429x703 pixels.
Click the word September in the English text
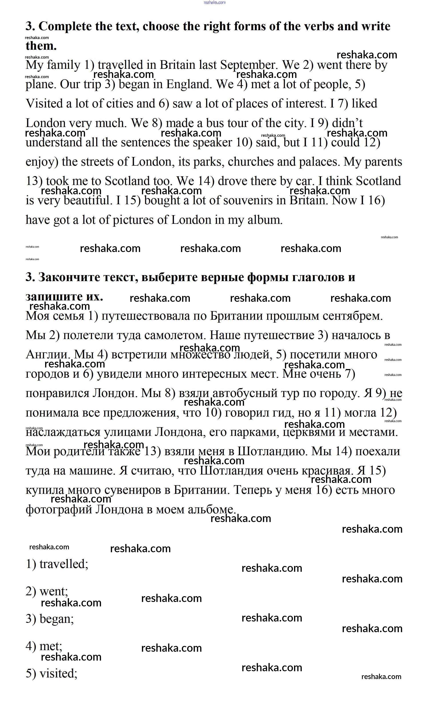[248, 65]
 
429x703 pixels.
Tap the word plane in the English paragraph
[41, 84]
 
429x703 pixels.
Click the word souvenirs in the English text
[248, 200]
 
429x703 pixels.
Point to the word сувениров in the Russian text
[133, 490]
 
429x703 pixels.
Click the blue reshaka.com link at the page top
[214, 3]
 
